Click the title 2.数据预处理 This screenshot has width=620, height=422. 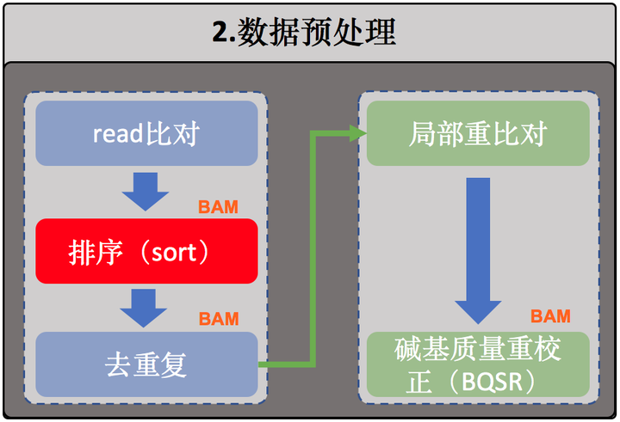(x=304, y=33)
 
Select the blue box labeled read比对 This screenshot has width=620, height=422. (x=146, y=133)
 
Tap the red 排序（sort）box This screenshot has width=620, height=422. (x=146, y=251)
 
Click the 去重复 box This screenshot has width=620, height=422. (x=146, y=364)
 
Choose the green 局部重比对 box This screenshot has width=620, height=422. (x=478, y=133)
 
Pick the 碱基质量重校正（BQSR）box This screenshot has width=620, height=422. (x=478, y=364)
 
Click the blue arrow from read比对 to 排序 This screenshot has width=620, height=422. (x=146, y=192)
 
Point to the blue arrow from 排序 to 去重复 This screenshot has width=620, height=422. (x=144, y=308)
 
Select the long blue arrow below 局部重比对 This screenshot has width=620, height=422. (x=478, y=251)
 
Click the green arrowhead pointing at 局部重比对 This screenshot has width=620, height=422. (x=358, y=133)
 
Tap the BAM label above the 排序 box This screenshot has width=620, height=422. (x=218, y=207)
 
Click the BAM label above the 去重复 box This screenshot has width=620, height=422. (x=219, y=319)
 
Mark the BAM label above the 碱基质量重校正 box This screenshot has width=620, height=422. (x=550, y=316)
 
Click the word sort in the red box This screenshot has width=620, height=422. (x=174, y=253)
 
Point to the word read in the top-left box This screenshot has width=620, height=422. (x=117, y=134)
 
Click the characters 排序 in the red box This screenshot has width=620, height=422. (x=96, y=252)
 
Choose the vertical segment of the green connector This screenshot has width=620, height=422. (x=313, y=248)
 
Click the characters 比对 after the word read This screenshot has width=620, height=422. (x=171, y=133)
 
